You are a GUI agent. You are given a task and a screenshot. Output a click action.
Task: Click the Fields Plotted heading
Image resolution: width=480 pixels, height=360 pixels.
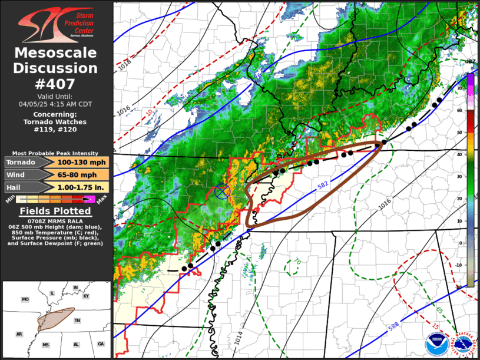tap(56, 211)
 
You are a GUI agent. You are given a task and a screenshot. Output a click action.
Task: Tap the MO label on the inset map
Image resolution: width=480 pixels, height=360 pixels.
tap(25, 299)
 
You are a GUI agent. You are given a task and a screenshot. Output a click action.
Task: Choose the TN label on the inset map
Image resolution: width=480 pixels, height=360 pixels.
tap(77, 320)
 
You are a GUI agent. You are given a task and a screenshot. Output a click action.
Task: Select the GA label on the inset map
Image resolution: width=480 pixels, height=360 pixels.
tap(101, 344)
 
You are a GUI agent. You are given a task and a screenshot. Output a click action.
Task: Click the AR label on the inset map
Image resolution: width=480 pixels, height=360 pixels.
tap(19, 334)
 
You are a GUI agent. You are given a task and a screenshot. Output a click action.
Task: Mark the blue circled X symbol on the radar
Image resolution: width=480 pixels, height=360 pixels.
tap(222, 190)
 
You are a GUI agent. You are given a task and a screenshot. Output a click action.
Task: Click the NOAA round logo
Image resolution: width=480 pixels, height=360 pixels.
tap(437, 344)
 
